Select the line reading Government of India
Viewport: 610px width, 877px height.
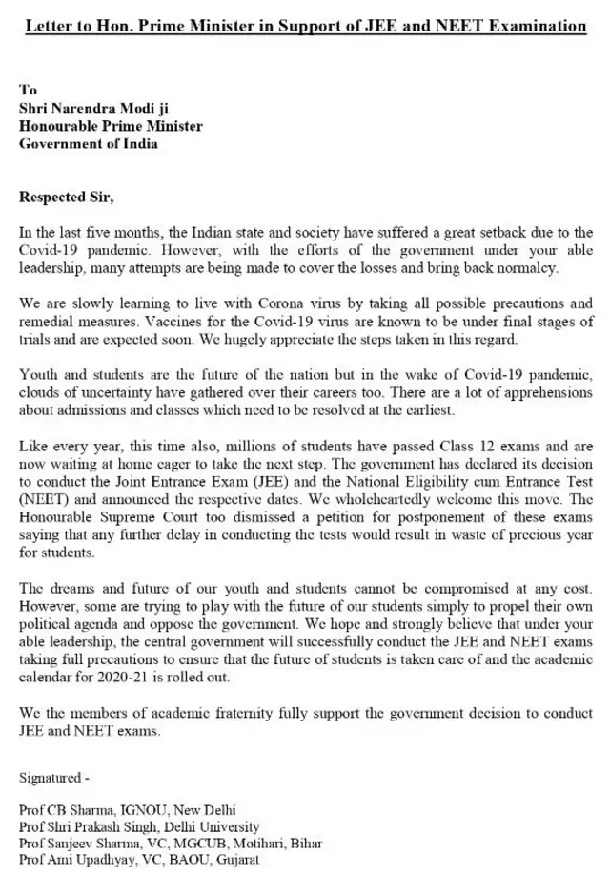pyautogui.click(x=89, y=144)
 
